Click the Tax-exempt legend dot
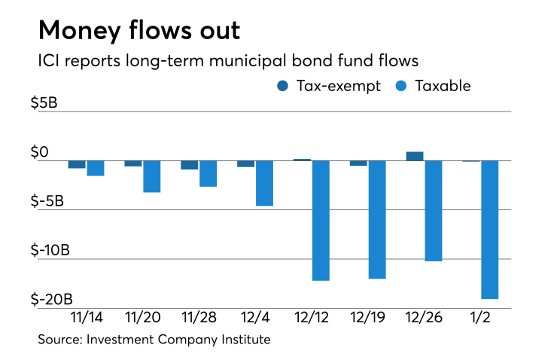point(283,86)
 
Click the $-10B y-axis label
point(57,250)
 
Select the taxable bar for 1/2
point(490,230)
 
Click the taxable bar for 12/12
point(321,220)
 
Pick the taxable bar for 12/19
point(377,219)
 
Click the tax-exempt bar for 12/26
point(415,156)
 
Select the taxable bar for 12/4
point(264,183)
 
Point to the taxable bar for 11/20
point(151,176)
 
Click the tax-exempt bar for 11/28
point(189,165)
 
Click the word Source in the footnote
point(58,340)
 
